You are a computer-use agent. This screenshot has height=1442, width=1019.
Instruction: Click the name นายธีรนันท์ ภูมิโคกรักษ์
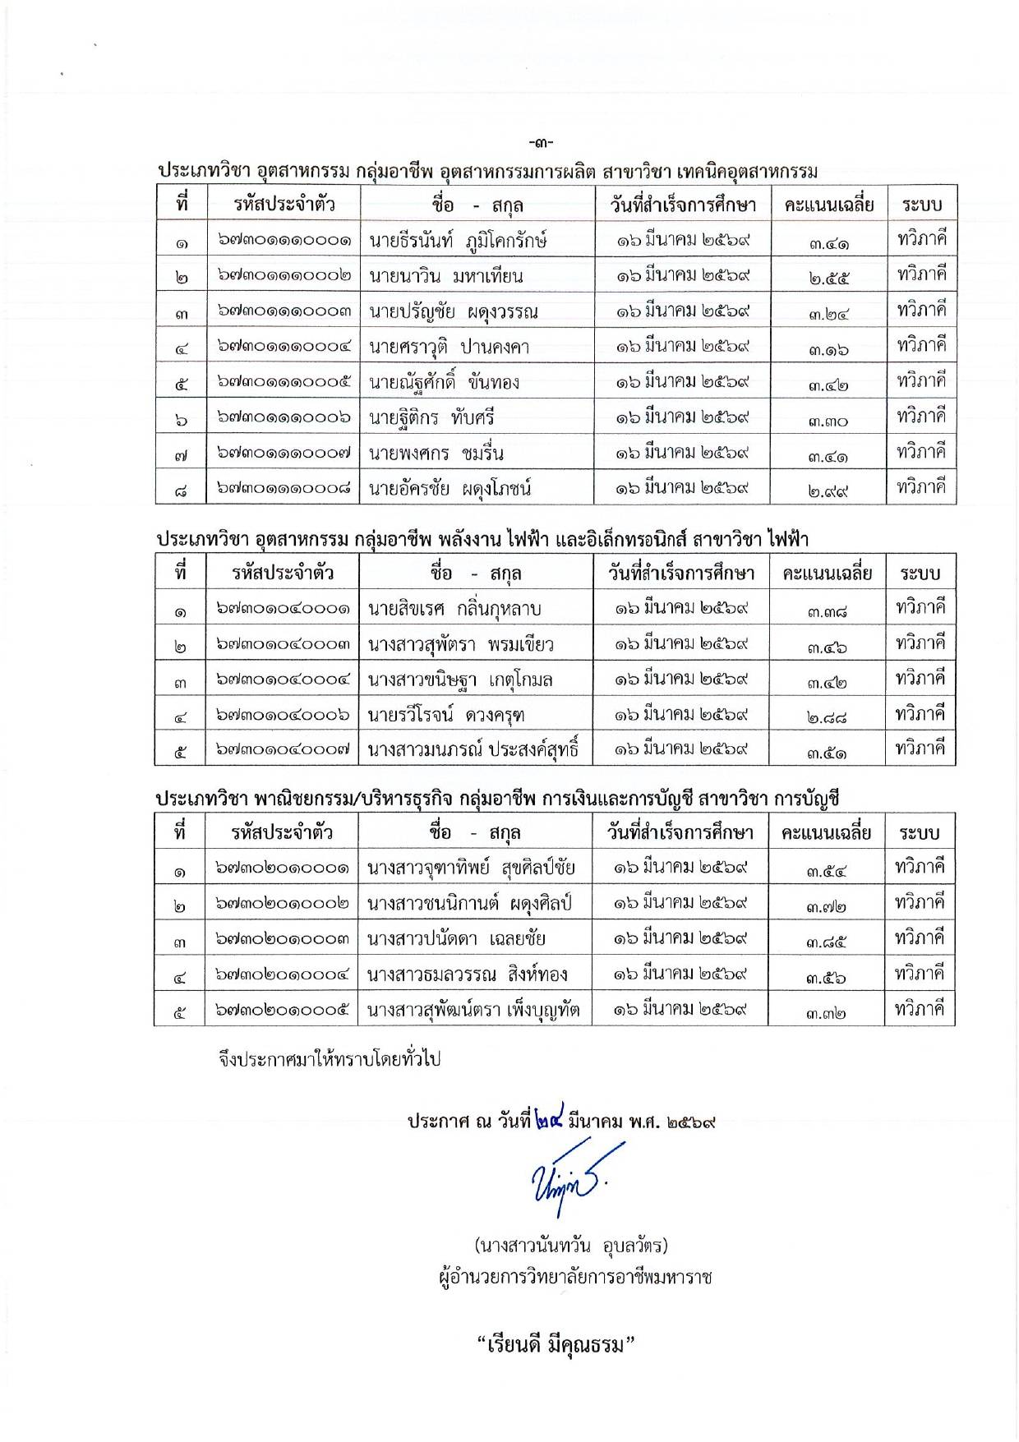point(458,240)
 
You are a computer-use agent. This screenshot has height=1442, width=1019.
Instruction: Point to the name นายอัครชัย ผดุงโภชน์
point(450,489)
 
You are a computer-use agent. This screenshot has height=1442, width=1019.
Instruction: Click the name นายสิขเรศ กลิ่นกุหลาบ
point(454,609)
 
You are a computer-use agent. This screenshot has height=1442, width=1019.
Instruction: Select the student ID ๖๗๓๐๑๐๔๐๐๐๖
point(284,715)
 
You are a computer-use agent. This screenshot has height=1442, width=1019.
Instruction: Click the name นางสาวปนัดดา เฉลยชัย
point(456,939)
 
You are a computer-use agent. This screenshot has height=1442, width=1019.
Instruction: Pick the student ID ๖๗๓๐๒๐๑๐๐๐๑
point(284,868)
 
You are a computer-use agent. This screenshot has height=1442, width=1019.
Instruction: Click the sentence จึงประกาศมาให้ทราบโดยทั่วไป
point(330,1058)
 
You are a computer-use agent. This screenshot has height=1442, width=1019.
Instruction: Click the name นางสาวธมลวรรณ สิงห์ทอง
point(467,975)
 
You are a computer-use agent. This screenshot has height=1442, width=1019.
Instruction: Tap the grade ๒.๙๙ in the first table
point(828,491)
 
